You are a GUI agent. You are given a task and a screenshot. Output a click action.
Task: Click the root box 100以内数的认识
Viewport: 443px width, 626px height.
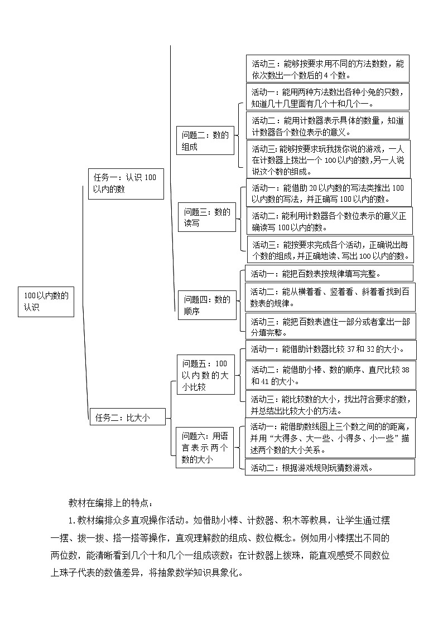[45, 302]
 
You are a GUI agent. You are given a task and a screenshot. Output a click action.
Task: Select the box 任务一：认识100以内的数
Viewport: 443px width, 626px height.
[126, 183]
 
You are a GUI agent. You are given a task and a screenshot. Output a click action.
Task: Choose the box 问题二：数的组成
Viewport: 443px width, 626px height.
[205, 141]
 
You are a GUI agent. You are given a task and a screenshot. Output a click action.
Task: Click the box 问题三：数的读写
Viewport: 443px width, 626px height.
[208, 217]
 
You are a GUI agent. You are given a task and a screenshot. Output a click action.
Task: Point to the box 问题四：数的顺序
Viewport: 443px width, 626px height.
[207, 305]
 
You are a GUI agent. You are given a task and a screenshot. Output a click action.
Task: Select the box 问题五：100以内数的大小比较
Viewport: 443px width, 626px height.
[205, 375]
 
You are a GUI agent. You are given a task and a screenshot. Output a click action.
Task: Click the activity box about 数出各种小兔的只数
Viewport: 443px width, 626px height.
[328, 97]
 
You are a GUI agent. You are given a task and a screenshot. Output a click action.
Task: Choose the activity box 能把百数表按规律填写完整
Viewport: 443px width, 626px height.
[329, 273]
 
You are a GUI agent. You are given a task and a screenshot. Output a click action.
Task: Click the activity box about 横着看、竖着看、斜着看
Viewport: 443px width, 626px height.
[330, 297]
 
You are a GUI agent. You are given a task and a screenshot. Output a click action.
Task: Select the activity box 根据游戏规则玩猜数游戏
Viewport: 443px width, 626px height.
[330, 467]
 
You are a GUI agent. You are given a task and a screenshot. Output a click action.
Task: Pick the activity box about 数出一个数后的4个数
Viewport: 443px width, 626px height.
[328, 69]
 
